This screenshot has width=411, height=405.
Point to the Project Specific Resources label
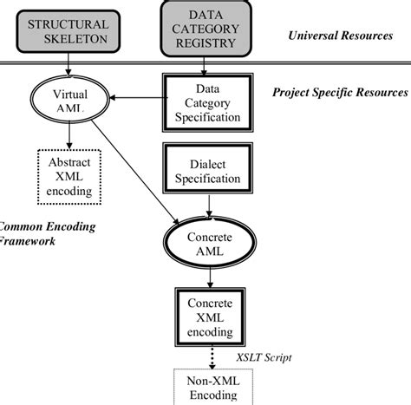pyautogui.click(x=340, y=91)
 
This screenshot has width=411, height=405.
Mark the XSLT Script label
pyautogui.click(x=264, y=356)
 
